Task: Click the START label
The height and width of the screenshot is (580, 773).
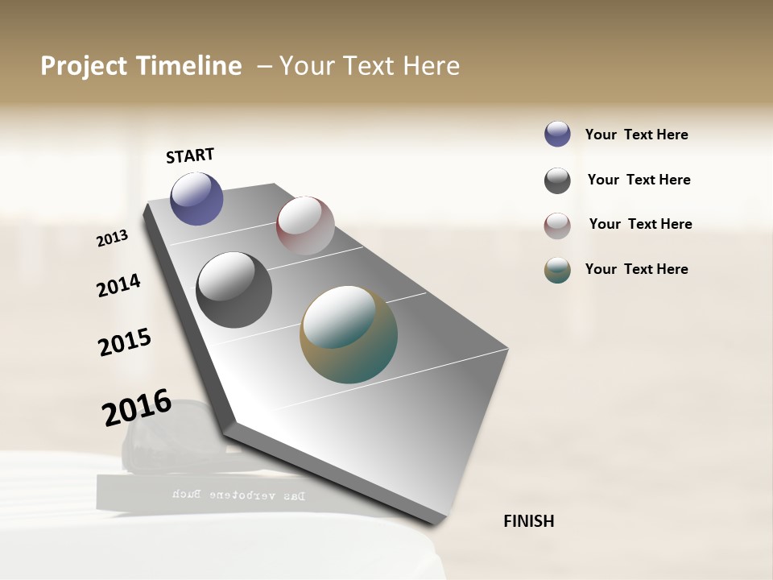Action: [190, 155]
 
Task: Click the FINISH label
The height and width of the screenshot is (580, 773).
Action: [528, 521]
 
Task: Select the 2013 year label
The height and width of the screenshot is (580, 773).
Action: [113, 238]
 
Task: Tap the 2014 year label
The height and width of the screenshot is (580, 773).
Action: [118, 285]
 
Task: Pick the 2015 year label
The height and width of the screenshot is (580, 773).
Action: [125, 342]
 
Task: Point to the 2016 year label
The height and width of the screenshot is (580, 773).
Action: [137, 407]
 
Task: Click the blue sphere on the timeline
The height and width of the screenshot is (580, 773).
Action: [196, 198]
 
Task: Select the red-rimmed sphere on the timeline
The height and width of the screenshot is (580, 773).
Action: [305, 225]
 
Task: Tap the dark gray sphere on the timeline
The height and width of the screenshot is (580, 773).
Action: [234, 290]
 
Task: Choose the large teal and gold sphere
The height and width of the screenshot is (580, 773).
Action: [349, 334]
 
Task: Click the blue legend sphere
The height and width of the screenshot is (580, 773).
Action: [557, 134]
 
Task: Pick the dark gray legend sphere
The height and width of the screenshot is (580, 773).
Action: [557, 180]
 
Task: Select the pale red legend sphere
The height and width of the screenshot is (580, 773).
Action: [557, 226]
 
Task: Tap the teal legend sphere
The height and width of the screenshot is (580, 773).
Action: [557, 270]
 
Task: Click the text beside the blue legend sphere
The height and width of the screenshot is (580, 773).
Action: [636, 135]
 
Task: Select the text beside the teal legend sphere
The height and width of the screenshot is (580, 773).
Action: [636, 269]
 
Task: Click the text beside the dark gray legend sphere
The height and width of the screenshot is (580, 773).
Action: [639, 180]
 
